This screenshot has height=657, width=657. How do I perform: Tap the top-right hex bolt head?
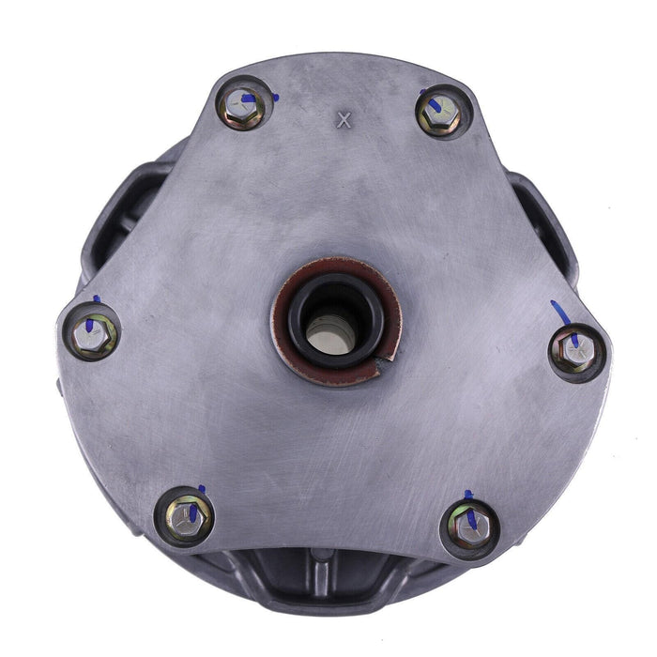[440, 114]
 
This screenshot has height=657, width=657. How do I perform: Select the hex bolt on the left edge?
[95, 334]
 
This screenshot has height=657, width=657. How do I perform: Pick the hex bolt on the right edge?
[574, 351]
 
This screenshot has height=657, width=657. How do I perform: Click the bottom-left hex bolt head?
[186, 513]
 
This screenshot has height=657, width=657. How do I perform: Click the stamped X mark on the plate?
[343, 119]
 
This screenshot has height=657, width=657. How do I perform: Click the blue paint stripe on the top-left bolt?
[247, 97]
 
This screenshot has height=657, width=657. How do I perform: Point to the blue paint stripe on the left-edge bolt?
[91, 322]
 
